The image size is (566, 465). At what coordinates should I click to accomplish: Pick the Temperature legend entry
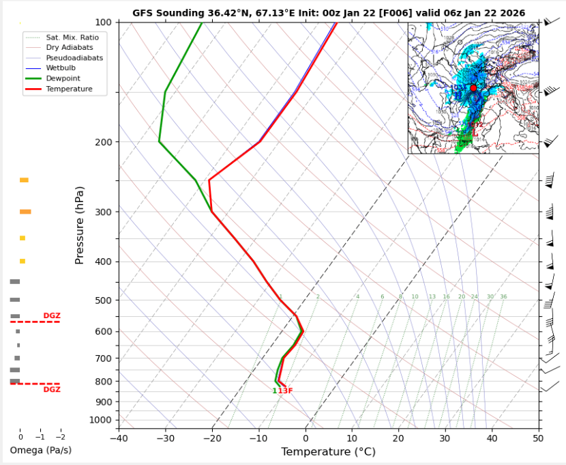69,89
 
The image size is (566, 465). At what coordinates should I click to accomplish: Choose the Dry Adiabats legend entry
69,47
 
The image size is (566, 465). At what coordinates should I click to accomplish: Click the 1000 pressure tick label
100,419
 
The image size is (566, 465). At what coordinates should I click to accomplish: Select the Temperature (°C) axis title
328,451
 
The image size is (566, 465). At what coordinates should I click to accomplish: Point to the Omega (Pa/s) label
40,451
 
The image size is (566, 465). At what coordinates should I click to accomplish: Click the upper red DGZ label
52,315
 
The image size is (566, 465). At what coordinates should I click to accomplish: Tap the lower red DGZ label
52,389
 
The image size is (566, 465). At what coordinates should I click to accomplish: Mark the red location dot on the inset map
473,88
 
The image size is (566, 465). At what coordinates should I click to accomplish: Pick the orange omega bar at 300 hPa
25,212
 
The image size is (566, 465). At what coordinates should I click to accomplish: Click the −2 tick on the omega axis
60,437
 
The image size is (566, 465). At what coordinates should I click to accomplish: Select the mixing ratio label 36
503,296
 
